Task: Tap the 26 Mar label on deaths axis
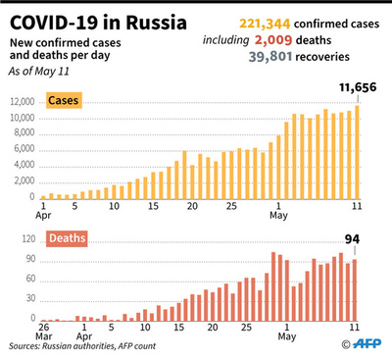coord(43,332)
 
